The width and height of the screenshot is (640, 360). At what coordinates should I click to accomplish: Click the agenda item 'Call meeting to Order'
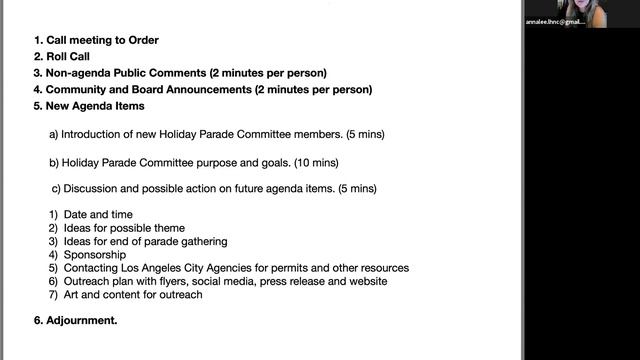click(x=103, y=41)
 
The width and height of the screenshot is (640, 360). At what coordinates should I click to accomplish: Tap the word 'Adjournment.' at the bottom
click(x=82, y=321)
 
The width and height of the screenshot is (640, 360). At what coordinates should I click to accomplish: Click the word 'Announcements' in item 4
click(x=203, y=89)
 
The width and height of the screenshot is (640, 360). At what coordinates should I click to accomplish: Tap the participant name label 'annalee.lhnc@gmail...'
click(x=555, y=21)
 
